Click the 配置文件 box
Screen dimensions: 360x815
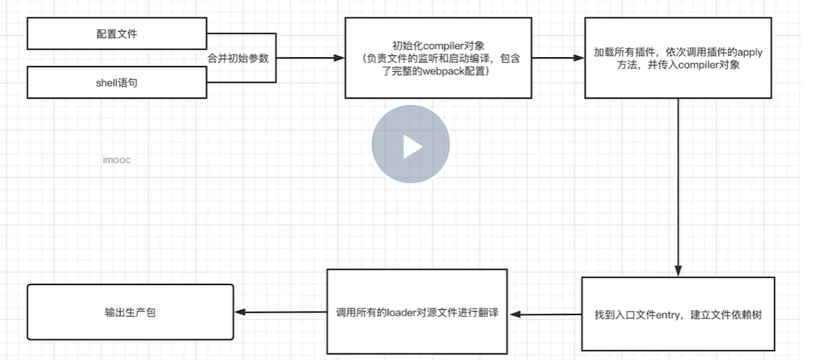click(117, 34)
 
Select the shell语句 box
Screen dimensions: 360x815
click(117, 82)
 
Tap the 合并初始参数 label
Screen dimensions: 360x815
click(237, 58)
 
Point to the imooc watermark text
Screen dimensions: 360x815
click(117, 159)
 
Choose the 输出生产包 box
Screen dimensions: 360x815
click(130, 312)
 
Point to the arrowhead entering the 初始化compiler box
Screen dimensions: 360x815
click(339, 58)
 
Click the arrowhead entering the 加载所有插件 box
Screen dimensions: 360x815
click(578, 58)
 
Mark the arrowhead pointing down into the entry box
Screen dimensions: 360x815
click(678, 271)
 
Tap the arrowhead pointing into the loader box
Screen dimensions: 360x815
click(514, 315)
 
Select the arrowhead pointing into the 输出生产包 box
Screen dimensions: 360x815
click(240, 313)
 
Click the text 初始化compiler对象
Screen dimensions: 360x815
click(438, 45)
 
